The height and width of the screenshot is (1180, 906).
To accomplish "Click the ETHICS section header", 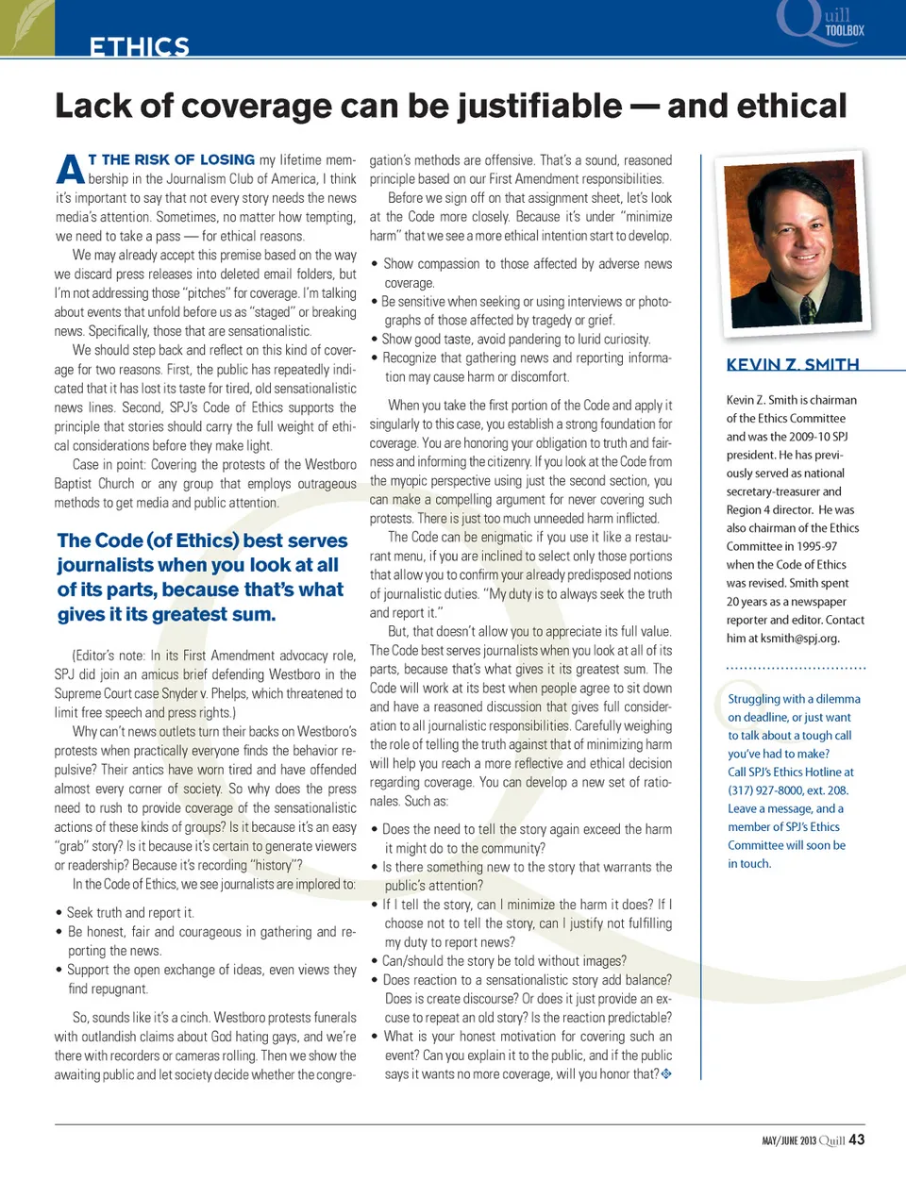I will (x=139, y=46).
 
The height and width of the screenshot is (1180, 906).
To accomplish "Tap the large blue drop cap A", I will (x=70, y=169).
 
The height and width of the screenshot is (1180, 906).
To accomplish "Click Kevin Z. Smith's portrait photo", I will (x=796, y=242).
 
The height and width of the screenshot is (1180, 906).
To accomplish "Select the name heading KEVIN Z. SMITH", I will (x=793, y=365).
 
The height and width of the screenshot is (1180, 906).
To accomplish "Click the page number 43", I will (x=857, y=1139).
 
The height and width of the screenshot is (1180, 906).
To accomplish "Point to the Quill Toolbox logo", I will (x=820, y=23).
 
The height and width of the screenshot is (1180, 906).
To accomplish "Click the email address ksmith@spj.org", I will (x=800, y=639).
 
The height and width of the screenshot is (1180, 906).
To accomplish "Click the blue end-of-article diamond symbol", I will (x=666, y=1074).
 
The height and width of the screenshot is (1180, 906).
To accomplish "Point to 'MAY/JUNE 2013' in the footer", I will (x=788, y=1141).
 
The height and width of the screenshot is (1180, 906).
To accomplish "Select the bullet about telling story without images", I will (x=504, y=961).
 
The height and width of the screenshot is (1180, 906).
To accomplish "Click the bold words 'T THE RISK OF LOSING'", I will (x=172, y=160).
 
